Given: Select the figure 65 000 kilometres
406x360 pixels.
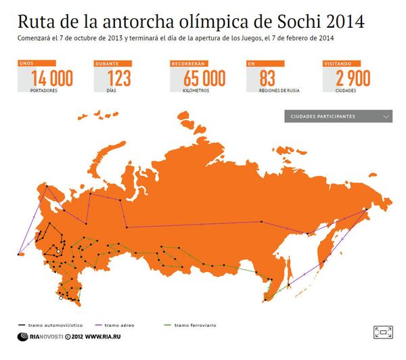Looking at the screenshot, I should click(x=204, y=78).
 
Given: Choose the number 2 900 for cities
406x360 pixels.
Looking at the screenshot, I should click(x=353, y=78).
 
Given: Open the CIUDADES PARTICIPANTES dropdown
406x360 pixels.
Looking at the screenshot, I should click(x=339, y=116).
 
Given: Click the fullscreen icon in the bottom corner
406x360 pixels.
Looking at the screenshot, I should click(x=382, y=332).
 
